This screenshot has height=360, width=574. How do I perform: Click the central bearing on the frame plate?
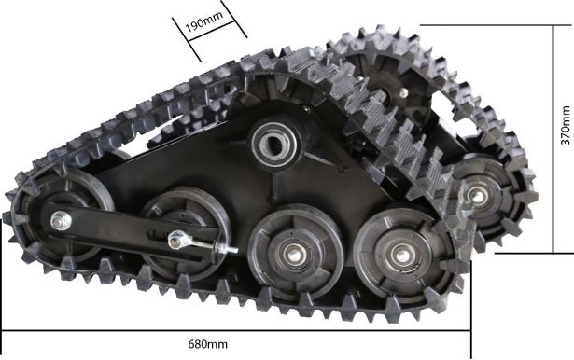point(277,145)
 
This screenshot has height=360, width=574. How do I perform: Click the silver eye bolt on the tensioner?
point(179,241)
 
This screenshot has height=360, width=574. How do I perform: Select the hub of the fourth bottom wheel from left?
point(400,252)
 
